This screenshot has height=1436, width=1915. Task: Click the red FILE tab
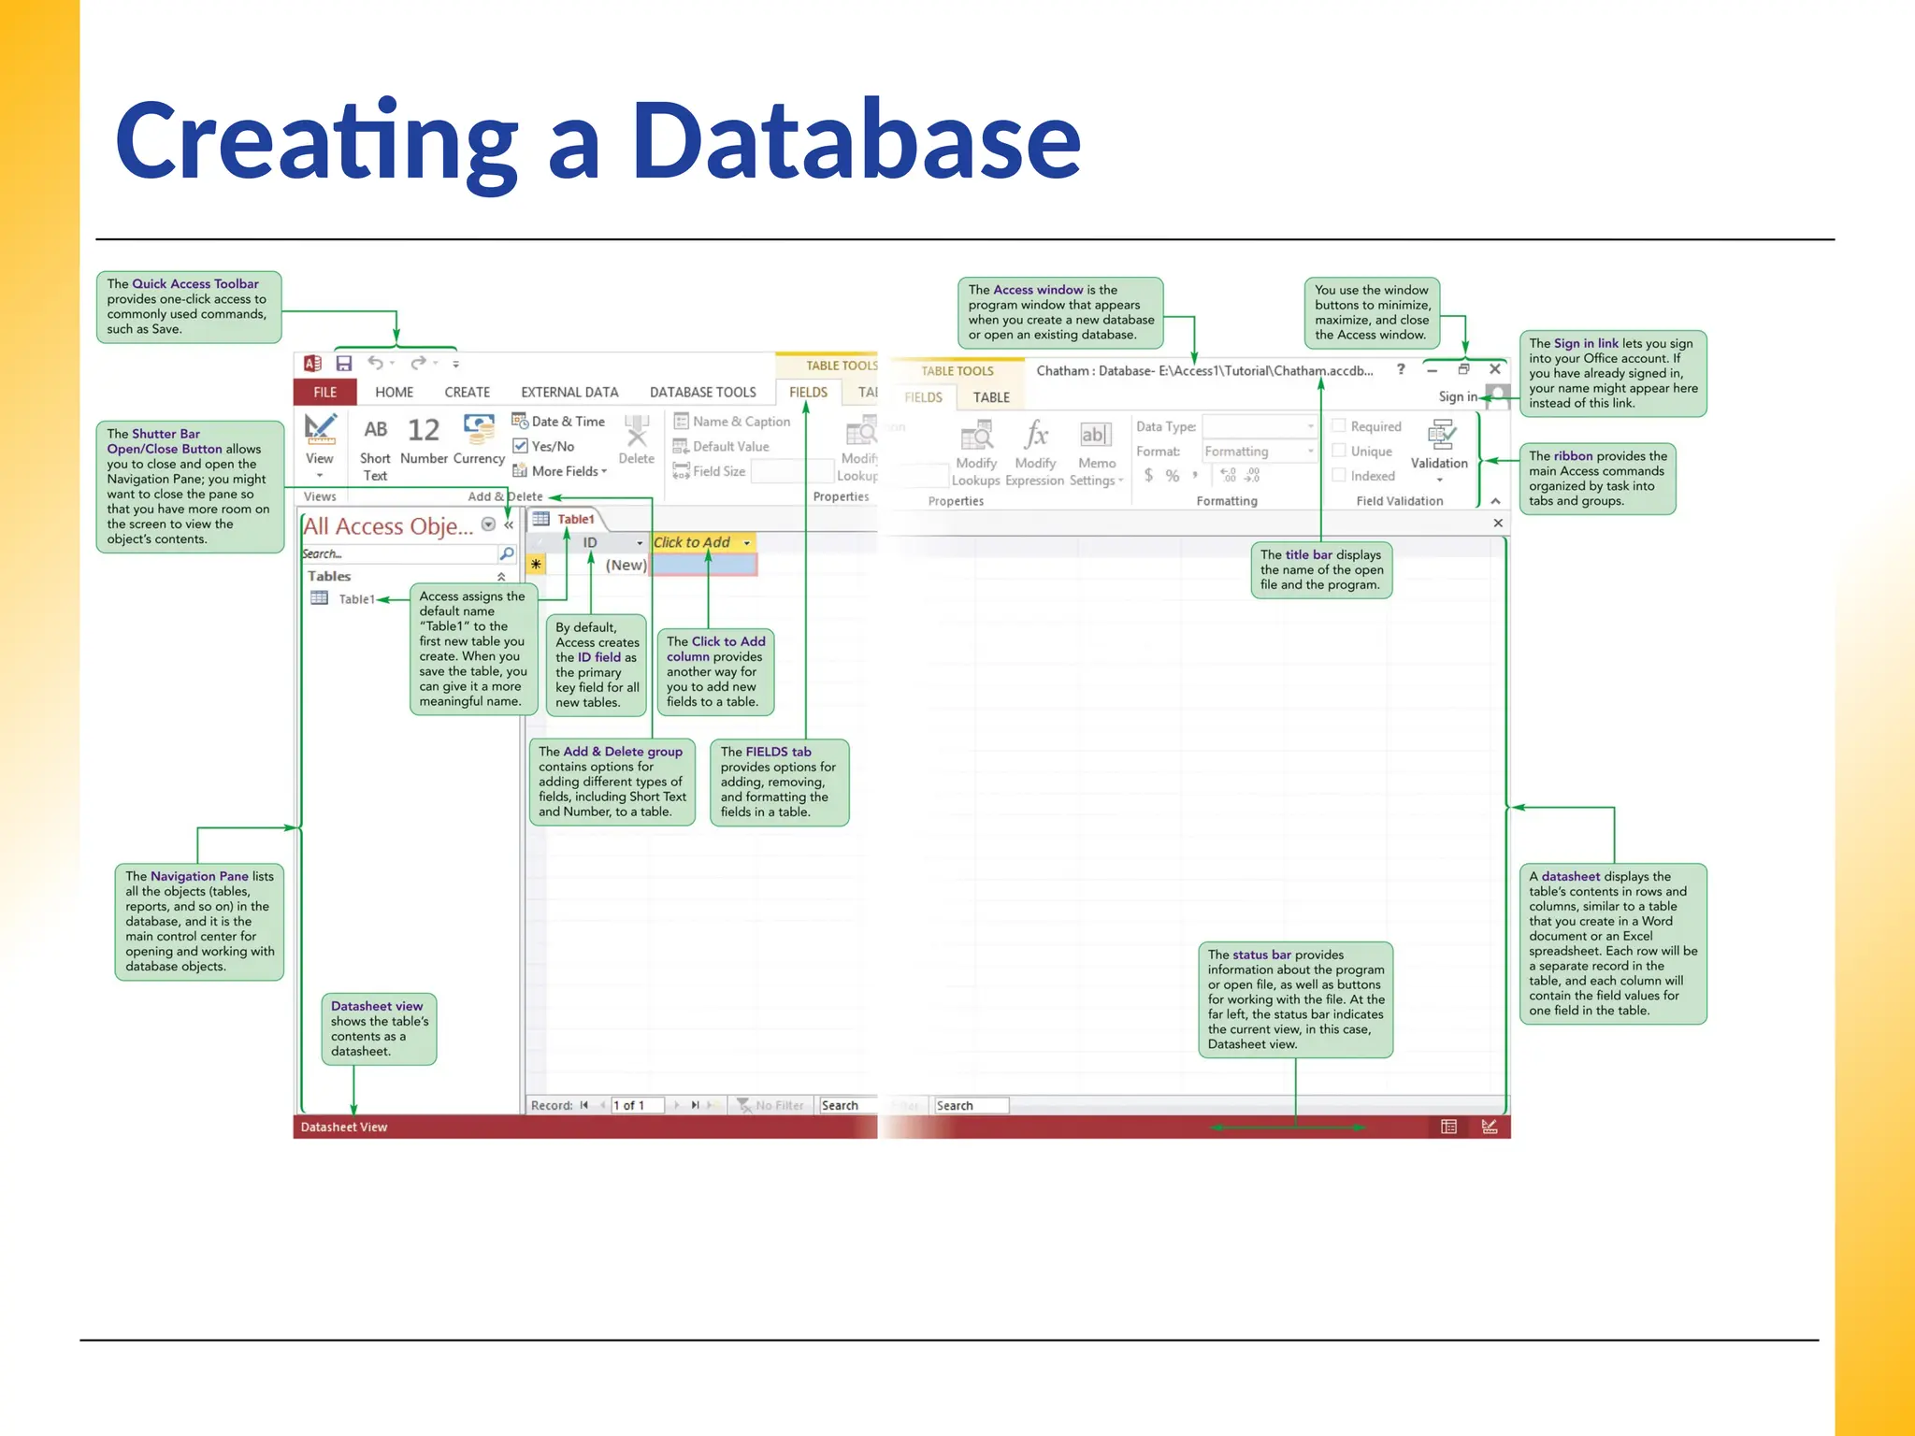point(324,392)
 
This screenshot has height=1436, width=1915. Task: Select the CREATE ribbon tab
point(467,392)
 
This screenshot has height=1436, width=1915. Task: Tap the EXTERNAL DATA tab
point(569,392)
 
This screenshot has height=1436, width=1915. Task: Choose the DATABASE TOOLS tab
point(702,392)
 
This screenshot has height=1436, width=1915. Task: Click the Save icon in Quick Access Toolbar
point(344,363)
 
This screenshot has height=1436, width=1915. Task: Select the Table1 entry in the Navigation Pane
point(355,599)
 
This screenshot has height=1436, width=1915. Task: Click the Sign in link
point(1457,396)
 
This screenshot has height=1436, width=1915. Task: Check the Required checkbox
point(1339,426)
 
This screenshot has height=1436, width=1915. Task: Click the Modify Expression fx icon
point(1035,436)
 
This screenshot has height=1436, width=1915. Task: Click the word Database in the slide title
point(856,140)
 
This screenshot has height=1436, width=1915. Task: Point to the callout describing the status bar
point(1295,998)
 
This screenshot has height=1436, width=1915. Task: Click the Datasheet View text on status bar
point(344,1127)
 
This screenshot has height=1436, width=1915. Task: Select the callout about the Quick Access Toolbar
point(188,307)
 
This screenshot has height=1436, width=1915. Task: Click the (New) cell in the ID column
point(625,565)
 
